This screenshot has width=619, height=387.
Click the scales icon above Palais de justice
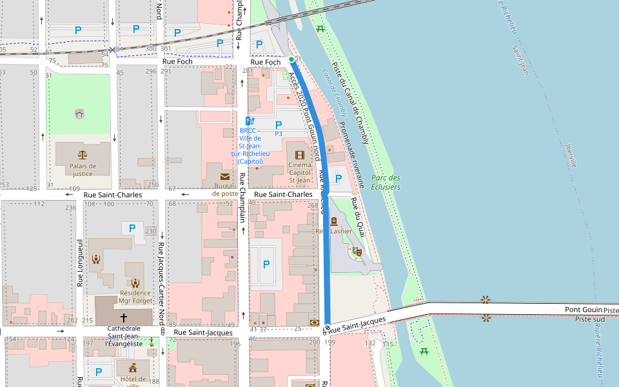click(83, 155)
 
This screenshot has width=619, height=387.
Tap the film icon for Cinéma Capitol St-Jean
click(299, 155)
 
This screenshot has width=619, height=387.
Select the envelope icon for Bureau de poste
click(224, 177)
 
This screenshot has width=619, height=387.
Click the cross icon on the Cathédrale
click(124, 318)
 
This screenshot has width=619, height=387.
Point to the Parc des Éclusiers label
click(386, 183)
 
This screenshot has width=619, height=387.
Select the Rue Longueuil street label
click(81, 263)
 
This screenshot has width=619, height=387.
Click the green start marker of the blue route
click(291, 59)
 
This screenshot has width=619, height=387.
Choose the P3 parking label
click(279, 134)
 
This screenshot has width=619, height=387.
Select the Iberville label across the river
click(570, 155)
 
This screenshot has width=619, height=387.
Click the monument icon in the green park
click(79, 114)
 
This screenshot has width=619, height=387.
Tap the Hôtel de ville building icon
click(133, 367)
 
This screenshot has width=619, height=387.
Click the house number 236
click(70, 208)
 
